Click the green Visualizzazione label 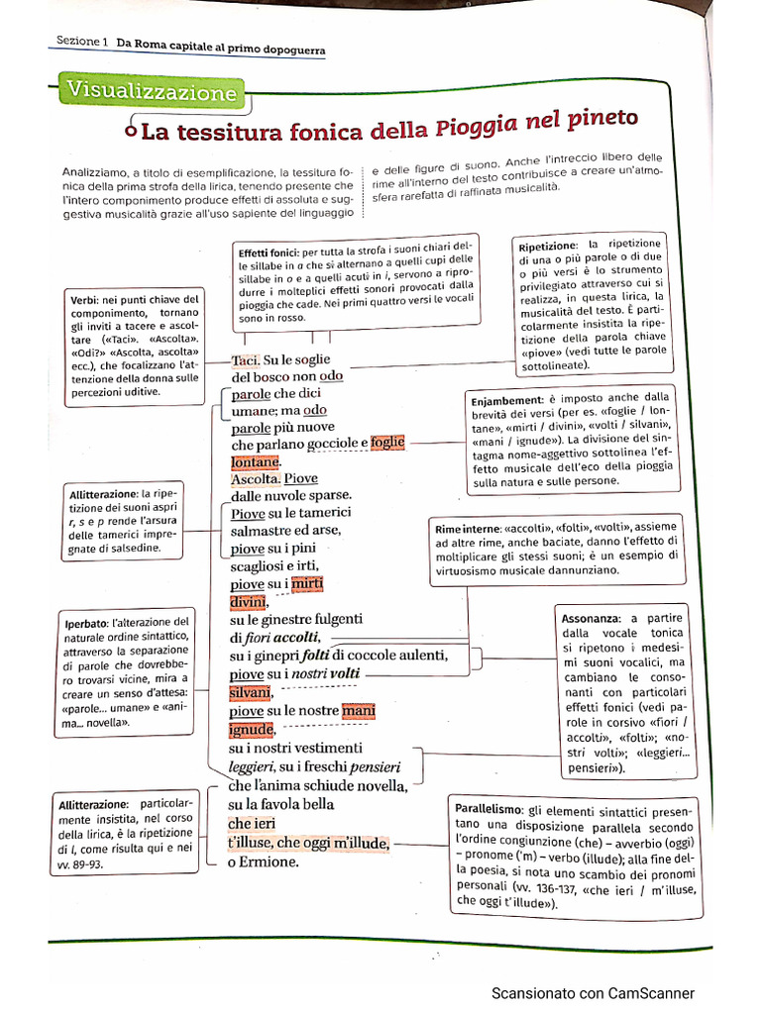tap(153, 92)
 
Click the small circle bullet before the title tap(131, 130)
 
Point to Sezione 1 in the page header tap(81, 42)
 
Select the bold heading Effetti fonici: tap(270, 253)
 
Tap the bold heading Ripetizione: tap(547, 245)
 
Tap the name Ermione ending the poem tap(271, 862)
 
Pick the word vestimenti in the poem tap(314, 748)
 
